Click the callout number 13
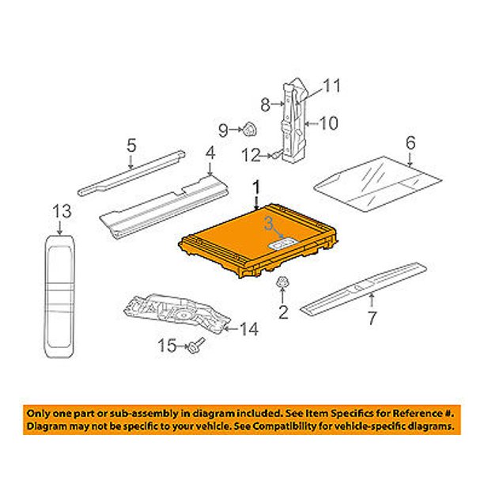pos(62,212)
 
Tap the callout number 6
pos(410,143)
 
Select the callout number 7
pos(372,318)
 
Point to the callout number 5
pos(131,145)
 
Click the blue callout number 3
pos(269,224)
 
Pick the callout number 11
pos(332,85)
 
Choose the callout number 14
pos(249,329)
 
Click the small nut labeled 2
pos(282,282)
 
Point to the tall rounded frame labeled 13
pos(60,297)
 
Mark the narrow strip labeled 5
pos(131,173)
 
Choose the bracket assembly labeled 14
pos(177,313)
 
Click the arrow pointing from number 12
pos(265,156)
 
